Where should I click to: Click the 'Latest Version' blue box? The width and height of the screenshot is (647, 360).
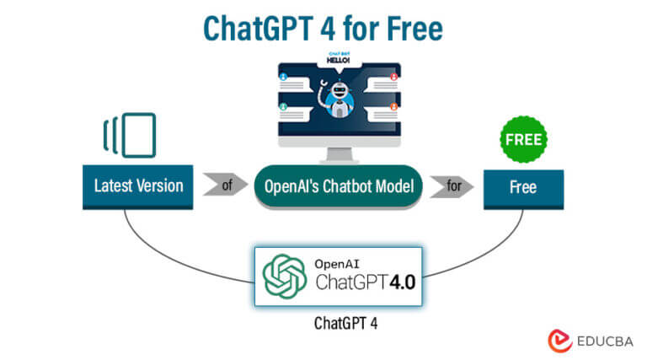[138, 185]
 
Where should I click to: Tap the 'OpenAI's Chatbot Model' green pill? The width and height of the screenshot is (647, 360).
[339, 186]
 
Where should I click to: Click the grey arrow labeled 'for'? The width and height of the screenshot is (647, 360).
[452, 186]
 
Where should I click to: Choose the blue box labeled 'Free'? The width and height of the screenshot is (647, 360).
[522, 186]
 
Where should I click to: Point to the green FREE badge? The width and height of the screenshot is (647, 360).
[522, 137]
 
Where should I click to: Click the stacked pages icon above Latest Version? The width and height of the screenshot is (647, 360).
[130, 135]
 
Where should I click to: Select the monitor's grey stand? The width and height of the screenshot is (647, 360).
[337, 153]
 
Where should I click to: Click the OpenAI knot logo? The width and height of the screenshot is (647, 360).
[283, 275]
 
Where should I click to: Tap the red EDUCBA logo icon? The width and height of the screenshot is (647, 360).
[559, 339]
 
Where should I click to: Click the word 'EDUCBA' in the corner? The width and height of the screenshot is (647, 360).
[602, 340]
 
